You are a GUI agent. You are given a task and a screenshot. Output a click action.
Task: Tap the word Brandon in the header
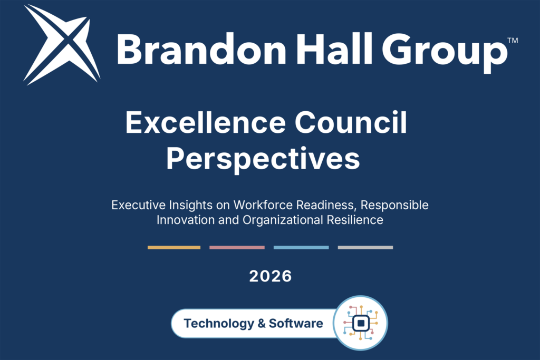[201, 48]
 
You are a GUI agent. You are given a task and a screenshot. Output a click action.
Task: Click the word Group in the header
[445, 52]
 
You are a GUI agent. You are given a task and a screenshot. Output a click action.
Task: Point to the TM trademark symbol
[513, 41]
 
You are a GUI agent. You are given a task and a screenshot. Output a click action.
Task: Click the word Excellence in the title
[206, 122]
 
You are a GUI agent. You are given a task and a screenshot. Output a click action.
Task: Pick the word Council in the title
[351, 122]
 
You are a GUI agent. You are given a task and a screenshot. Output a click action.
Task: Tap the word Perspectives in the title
[264, 159]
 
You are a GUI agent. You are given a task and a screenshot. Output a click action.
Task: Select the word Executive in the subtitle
[139, 205]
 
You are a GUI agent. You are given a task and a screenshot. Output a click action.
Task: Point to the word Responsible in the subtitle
[394, 206]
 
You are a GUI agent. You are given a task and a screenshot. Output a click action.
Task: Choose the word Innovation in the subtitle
[186, 220]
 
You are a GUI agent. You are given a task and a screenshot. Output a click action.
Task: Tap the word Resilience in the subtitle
[355, 220]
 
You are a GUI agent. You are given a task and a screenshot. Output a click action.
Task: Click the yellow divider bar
[174, 247]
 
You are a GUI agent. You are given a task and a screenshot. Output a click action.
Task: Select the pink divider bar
[237, 247]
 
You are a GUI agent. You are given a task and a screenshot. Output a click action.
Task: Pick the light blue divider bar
[301, 247]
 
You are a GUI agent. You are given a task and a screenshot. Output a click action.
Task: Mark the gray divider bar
[365, 247]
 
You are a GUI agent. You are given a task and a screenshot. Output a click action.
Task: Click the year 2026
[271, 276]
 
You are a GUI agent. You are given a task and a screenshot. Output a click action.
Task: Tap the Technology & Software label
[254, 324]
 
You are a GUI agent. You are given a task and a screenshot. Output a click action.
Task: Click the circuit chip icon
[361, 323]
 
